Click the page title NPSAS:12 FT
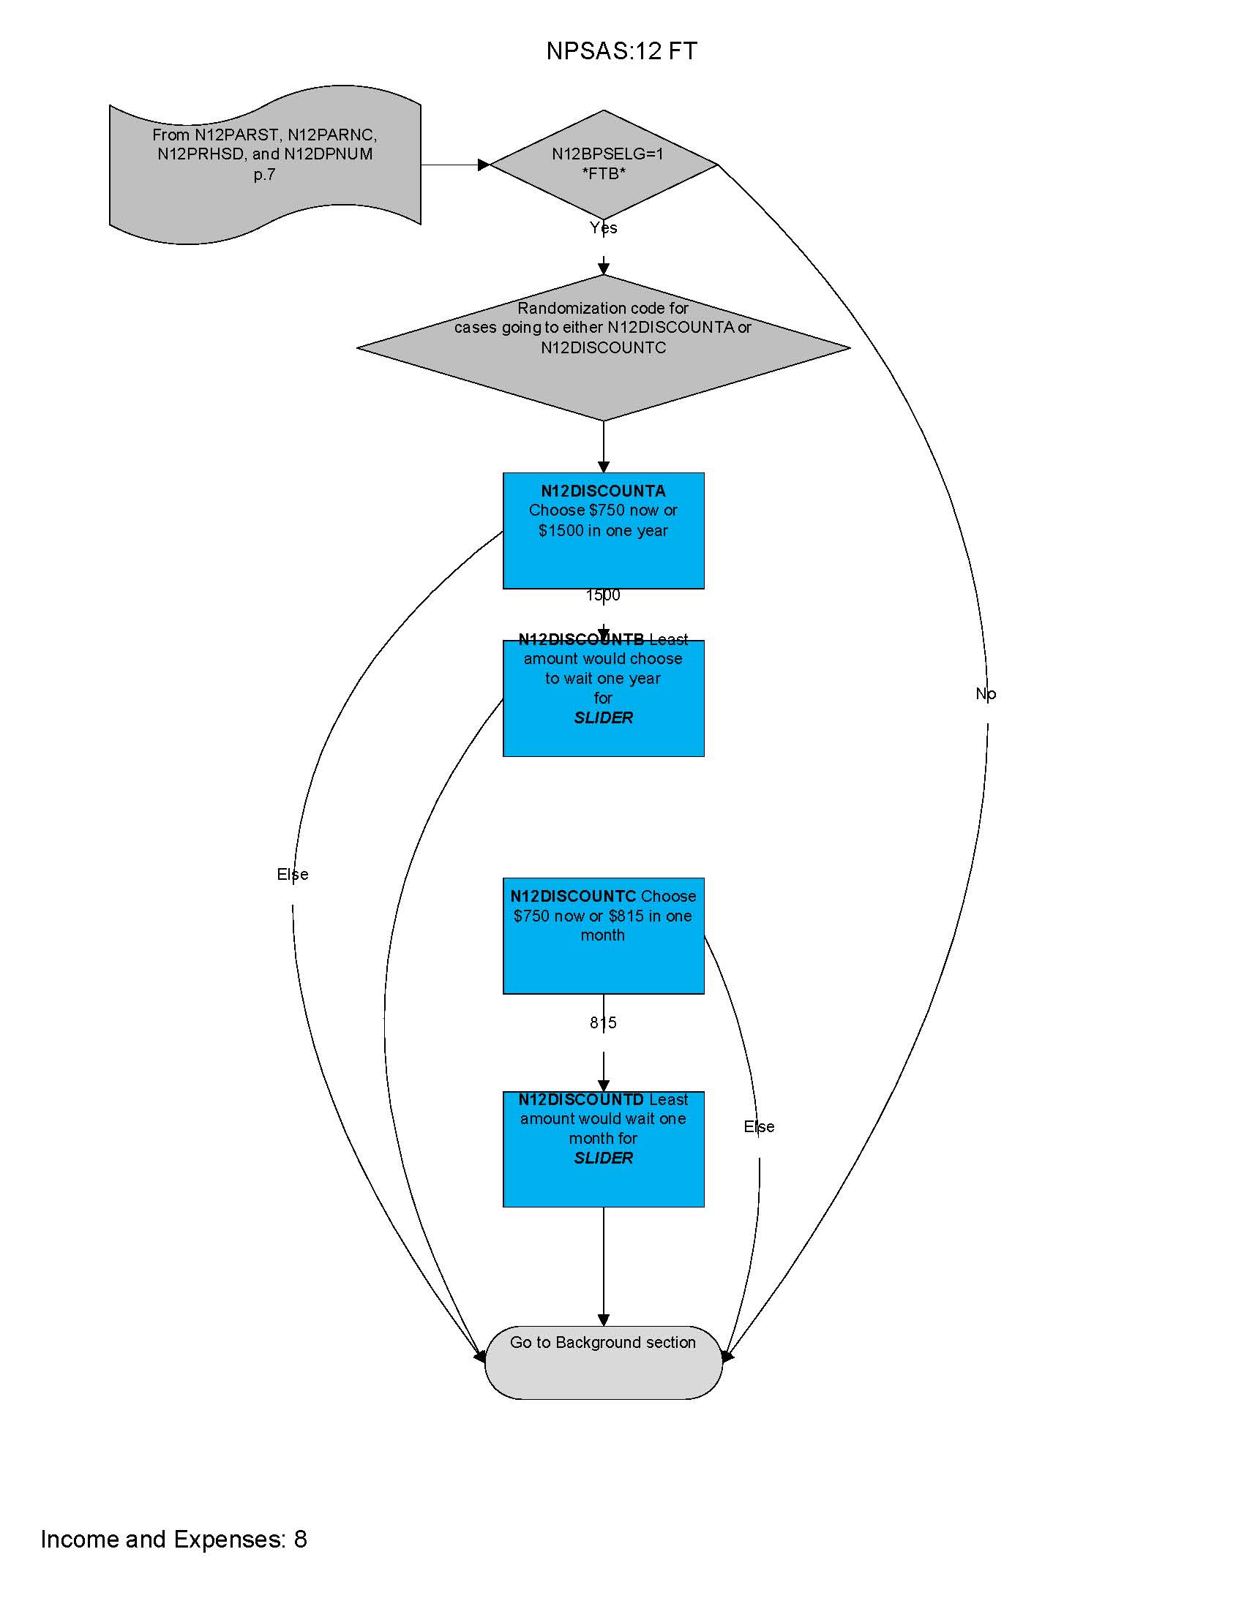[x=621, y=51]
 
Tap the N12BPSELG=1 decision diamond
[x=604, y=165]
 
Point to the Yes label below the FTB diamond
[x=604, y=228]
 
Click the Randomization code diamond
[x=604, y=347]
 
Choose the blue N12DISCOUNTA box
[x=604, y=530]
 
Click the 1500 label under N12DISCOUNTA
[x=603, y=595]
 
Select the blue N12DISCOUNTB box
[x=604, y=698]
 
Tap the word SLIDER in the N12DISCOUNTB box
[x=604, y=718]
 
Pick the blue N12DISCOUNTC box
[x=604, y=935]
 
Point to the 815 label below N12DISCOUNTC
[x=603, y=1022]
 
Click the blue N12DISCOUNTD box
[x=604, y=1149]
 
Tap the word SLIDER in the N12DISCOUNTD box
[x=604, y=1158]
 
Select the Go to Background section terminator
[x=604, y=1363]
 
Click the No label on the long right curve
[x=986, y=694]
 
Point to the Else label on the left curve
[x=293, y=875]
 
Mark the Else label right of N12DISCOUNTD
[x=759, y=1127]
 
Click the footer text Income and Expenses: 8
[x=174, y=1540]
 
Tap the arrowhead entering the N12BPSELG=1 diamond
[x=484, y=165]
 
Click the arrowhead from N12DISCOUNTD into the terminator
[x=604, y=1320]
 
